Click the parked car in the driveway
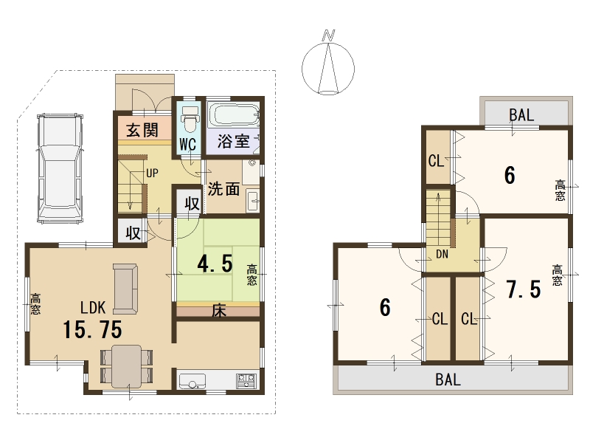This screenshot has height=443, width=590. coord(60,168)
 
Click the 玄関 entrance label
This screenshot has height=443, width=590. coord(142,131)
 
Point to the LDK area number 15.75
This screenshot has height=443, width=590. coord(93,329)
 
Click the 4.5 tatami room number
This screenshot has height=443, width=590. coord(215,263)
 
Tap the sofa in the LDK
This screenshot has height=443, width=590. coord(125,289)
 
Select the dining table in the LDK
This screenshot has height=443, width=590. coord(127,366)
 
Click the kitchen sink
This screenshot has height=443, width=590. coord(192,381)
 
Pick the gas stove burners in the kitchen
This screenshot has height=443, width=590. coord(246,381)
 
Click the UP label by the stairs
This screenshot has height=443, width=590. coord(152,174)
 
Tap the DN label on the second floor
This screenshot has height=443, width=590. coord(442,254)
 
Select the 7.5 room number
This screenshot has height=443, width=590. coord(524,289)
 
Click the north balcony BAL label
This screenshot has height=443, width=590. coord(521,115)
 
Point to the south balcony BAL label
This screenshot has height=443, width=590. coord(448,380)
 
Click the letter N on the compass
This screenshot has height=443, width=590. coord(328,35)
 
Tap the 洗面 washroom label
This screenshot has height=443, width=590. coord(224,189)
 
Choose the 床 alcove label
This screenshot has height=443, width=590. coord(218,311)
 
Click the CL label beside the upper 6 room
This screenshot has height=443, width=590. coord(436,161)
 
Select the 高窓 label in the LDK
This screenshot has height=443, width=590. coord(35,304)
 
